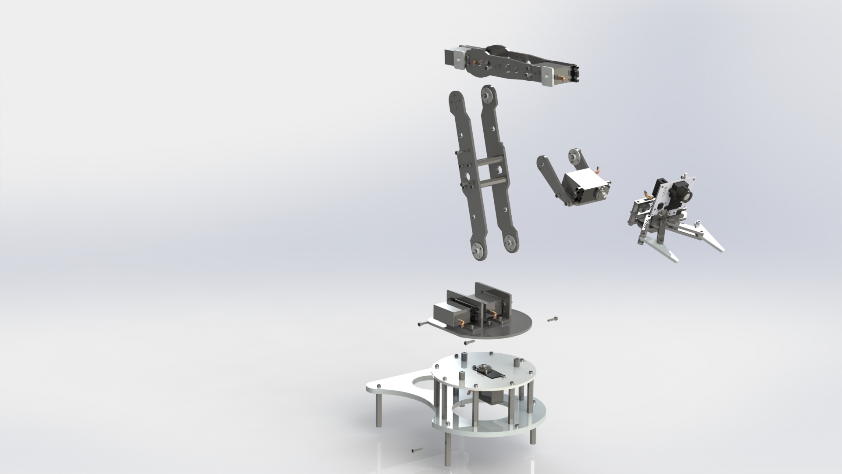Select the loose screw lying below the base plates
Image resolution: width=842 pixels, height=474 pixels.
(109, 462)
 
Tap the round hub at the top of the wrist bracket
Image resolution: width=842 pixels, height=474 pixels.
(575, 156)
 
